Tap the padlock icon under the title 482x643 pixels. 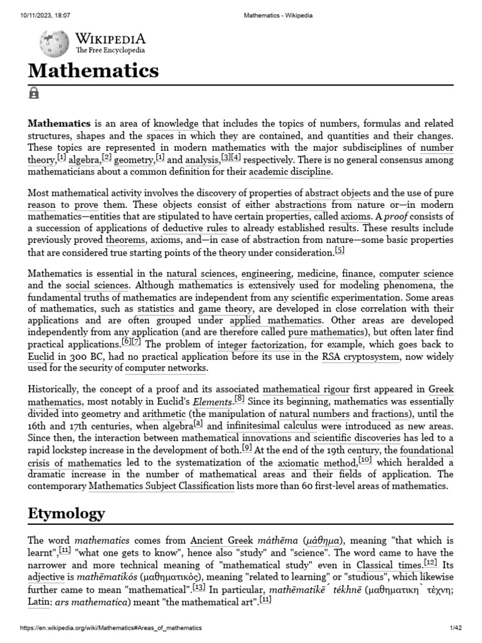click(34, 93)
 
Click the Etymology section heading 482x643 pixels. click(66, 514)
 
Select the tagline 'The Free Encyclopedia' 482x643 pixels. click(110, 50)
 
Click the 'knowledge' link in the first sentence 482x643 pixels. click(176, 124)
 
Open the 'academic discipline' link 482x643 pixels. click(291, 172)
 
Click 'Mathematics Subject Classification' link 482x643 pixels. click(161, 487)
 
